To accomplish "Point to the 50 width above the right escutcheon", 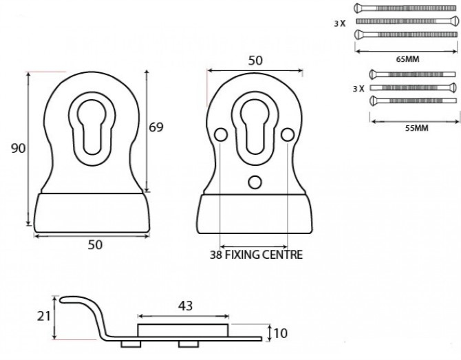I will [x=255, y=61].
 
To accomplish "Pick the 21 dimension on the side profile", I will [x=43, y=316].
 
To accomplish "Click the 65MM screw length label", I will [x=407, y=59].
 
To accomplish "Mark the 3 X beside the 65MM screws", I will [x=339, y=23].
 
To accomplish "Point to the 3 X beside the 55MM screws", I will [x=357, y=89].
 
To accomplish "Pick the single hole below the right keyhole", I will [x=254, y=182].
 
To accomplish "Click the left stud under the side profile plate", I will [x=129, y=343].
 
